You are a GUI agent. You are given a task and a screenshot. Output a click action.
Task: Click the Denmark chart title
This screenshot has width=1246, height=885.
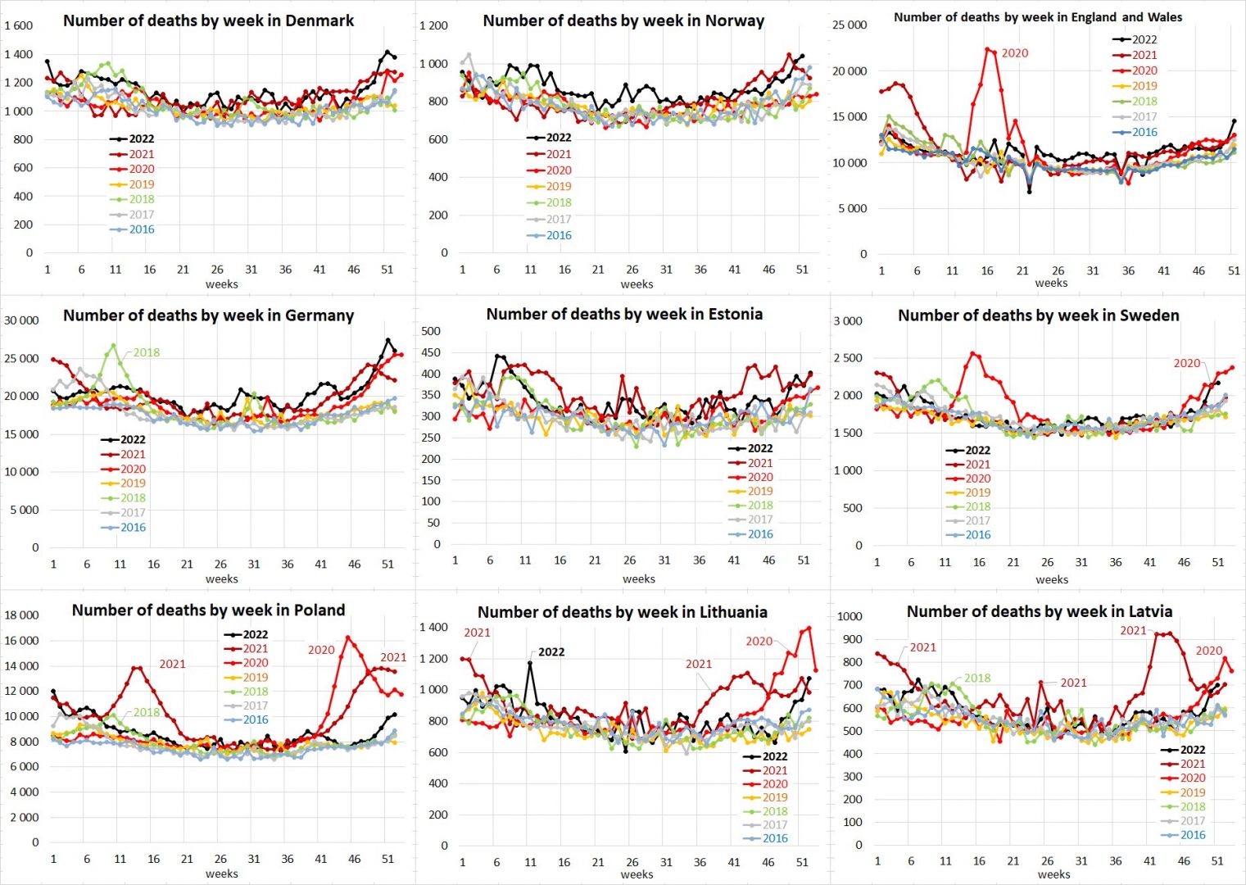pos(208,20)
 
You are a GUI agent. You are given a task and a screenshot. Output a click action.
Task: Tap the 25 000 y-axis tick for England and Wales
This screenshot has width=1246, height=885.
pos(850,25)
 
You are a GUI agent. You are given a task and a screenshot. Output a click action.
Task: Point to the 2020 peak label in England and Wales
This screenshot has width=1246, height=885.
pos(1014,53)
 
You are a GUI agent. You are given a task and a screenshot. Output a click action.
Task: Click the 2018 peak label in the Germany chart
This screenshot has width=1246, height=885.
pos(147,352)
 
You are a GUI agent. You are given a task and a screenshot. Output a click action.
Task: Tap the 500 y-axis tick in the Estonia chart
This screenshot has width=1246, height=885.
pos(431,331)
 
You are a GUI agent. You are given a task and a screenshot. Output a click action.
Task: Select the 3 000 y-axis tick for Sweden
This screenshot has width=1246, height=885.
pos(848,320)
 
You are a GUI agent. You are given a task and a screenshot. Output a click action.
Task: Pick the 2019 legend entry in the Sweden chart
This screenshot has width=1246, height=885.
pos(977,492)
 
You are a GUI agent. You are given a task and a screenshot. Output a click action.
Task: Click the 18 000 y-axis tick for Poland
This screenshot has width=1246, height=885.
pos(22,615)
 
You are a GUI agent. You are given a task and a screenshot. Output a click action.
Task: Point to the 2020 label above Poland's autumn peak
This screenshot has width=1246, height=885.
pos(321,650)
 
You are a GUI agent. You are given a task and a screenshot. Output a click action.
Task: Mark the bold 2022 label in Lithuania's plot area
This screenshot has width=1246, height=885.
pos(551,652)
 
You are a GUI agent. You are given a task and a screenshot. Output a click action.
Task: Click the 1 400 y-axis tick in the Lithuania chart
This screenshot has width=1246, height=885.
pos(433,627)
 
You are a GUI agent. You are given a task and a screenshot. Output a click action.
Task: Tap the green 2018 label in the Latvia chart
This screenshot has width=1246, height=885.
pos(977,678)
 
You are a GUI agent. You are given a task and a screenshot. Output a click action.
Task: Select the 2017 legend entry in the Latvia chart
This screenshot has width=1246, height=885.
pos(1192,821)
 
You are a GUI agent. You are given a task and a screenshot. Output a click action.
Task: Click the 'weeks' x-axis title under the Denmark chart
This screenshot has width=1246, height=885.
pos(221,284)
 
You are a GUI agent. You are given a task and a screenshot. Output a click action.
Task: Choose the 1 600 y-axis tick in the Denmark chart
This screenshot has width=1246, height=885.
pos(19,25)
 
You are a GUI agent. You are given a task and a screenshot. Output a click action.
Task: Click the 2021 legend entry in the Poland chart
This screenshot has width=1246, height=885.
pos(255,648)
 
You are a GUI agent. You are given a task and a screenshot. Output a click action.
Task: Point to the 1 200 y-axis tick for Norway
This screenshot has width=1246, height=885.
pos(433,25)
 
